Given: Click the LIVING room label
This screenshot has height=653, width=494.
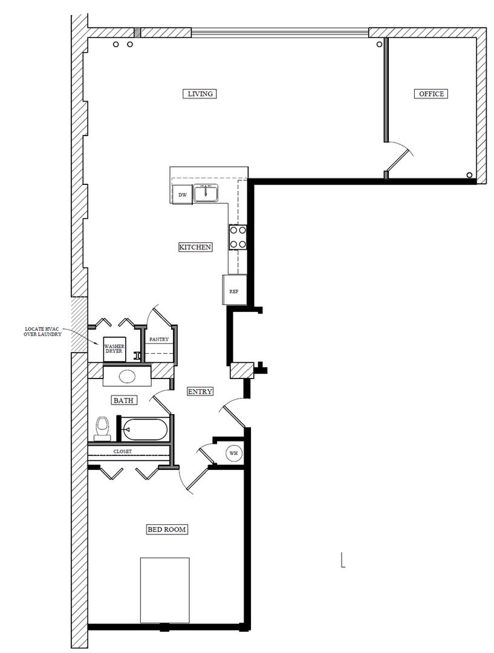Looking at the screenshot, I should click(200, 94).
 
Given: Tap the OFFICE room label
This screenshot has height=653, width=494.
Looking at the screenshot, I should click(431, 94).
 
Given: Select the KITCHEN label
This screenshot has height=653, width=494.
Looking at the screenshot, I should click(195, 247).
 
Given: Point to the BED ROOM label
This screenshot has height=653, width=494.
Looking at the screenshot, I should click(167, 530).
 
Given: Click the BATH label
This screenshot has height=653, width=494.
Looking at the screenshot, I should click(123, 400).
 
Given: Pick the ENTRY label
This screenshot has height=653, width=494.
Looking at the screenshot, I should click(200, 391).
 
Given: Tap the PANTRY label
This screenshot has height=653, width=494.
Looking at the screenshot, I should click(159, 340).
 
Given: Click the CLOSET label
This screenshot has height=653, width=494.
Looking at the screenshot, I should click(122, 451).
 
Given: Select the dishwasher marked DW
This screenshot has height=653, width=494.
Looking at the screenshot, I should click(182, 195).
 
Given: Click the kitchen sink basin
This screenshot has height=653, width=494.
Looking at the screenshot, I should click(206, 193).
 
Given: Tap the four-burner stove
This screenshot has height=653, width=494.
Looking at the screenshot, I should click(238, 237).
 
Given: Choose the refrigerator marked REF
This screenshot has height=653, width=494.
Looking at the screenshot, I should click(234, 290).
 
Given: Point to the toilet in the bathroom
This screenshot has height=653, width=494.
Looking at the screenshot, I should click(103, 428).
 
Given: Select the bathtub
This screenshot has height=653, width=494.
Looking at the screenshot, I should click(145, 430).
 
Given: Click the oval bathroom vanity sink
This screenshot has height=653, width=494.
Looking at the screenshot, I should click(126, 376).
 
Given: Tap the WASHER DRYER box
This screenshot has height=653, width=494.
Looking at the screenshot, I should click(114, 349).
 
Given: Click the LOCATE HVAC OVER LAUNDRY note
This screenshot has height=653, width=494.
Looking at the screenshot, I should click(43, 332).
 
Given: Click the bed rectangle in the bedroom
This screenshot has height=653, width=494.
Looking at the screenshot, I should click(164, 590).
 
